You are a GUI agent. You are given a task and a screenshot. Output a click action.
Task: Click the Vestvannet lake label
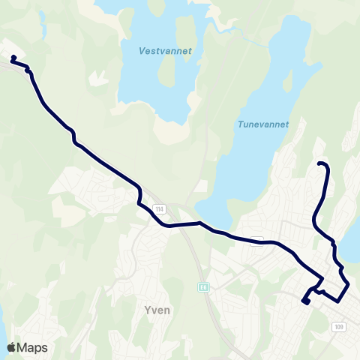[x=166, y=51]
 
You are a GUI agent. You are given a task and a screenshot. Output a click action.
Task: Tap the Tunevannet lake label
[x=263, y=125]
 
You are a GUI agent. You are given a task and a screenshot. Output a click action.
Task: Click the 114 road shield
[x=159, y=208]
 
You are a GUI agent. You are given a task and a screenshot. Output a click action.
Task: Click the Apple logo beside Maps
[x=11, y=348]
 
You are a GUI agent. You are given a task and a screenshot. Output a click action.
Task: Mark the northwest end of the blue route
[x=13, y=58]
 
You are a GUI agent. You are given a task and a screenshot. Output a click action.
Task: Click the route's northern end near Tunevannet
[x=320, y=163]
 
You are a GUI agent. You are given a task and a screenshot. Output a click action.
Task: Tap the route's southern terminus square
[x=305, y=301]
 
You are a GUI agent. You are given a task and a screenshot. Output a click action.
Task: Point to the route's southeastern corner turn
[x=348, y=286]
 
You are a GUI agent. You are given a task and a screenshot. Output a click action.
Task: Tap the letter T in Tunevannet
[x=240, y=125]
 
